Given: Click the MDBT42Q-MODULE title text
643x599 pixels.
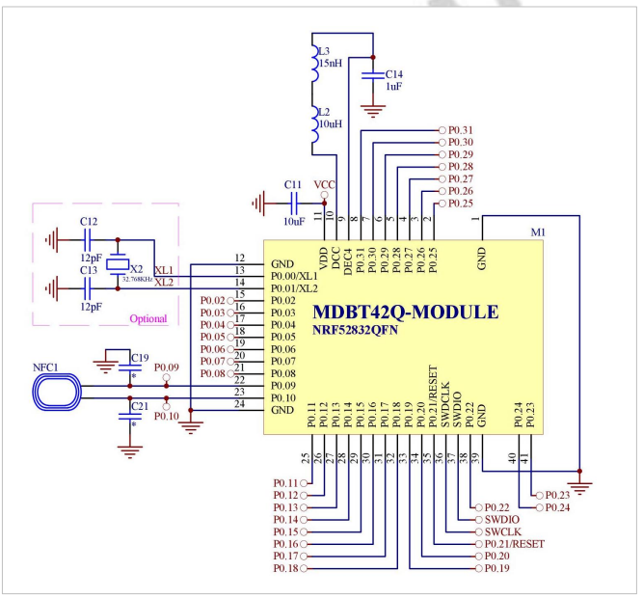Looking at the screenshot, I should (406, 313).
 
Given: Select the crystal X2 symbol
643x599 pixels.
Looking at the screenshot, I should (117, 265).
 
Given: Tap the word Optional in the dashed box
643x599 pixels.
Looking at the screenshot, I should (146, 317).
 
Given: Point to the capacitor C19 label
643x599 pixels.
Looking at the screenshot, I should (140, 356).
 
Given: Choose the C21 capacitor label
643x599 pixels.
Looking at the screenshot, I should (139, 407).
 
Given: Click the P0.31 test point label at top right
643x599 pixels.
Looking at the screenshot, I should (462, 129).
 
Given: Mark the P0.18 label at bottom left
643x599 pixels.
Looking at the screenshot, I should (285, 569).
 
